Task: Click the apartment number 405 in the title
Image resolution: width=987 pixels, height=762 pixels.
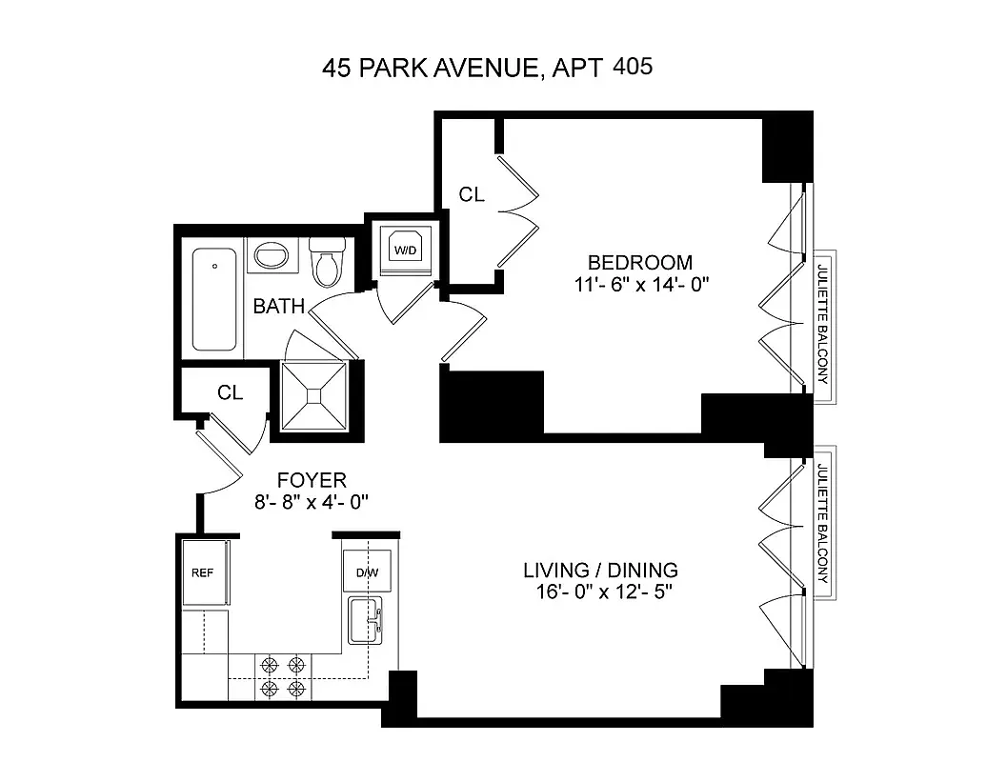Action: pyautogui.click(x=634, y=68)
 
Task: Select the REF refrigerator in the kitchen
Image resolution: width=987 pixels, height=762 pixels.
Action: pyautogui.click(x=203, y=573)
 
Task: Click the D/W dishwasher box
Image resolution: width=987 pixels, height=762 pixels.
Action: pyautogui.click(x=367, y=572)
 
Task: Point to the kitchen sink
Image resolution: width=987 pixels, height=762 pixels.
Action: pyautogui.click(x=366, y=620)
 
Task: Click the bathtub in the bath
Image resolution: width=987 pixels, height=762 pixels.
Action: pyautogui.click(x=215, y=299)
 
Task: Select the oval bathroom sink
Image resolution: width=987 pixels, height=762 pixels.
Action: pyautogui.click(x=273, y=256)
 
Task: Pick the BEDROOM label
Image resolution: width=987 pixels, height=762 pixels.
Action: pyautogui.click(x=639, y=263)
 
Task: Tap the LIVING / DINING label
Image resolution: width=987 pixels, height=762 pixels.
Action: pyautogui.click(x=600, y=571)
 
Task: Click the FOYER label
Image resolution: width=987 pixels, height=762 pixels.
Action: pyautogui.click(x=312, y=480)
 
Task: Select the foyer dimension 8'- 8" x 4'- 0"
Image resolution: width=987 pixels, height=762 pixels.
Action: pyautogui.click(x=312, y=502)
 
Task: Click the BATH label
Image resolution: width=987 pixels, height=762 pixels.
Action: pyautogui.click(x=278, y=307)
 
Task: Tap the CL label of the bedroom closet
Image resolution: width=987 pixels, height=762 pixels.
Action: pyautogui.click(x=472, y=195)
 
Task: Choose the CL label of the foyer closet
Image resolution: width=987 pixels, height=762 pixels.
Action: pyautogui.click(x=230, y=392)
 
